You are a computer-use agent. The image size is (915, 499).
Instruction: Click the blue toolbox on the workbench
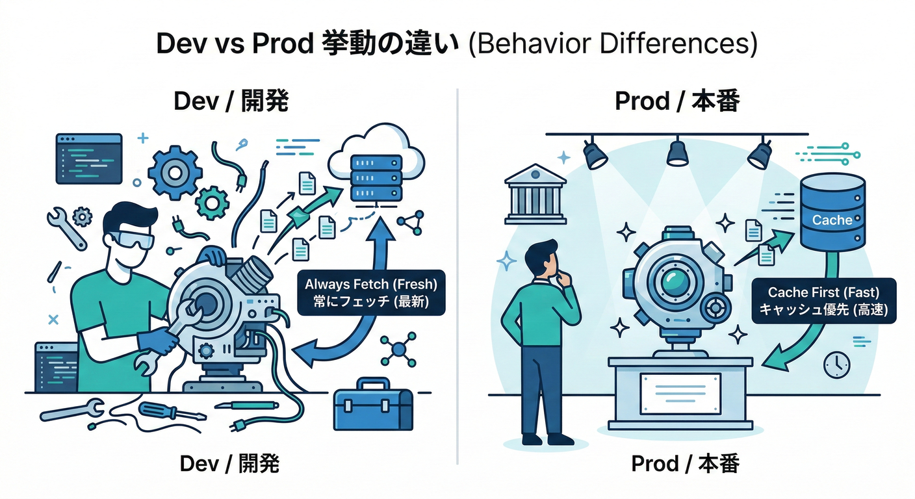[x=372, y=406]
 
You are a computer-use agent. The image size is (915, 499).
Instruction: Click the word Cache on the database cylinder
[x=832, y=220]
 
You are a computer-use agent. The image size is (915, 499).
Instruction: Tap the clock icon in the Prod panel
[x=837, y=365]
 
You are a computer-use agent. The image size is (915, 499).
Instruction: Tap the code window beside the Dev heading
[x=89, y=157]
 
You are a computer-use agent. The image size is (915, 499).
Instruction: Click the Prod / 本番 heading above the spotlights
[x=677, y=101]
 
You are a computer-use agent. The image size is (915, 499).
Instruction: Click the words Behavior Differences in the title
[x=612, y=44]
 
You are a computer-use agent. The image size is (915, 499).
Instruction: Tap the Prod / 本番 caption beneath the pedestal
[x=685, y=464]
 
